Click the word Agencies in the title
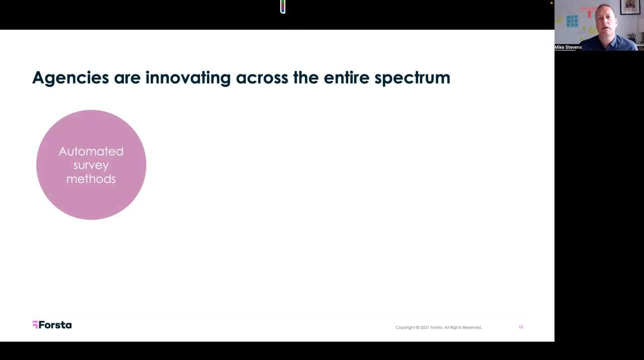[x=70, y=78]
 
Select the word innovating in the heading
[x=188, y=78]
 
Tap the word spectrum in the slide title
[x=412, y=78]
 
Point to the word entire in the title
[x=347, y=77]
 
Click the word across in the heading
[x=262, y=78]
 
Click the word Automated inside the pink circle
[x=91, y=151]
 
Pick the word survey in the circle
[x=91, y=166]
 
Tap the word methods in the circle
[x=91, y=179]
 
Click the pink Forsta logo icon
[x=35, y=325]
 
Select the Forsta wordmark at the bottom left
[x=55, y=325]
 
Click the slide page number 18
[x=521, y=327]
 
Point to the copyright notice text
[x=438, y=327]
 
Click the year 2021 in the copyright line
[x=425, y=327]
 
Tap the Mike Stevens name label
[x=568, y=47]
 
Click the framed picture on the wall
[x=630, y=7]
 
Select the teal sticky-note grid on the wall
[x=572, y=22]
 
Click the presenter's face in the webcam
[x=605, y=21]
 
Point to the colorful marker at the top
[x=283, y=7]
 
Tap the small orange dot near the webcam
[x=551, y=3]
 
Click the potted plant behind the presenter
[x=631, y=38]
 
